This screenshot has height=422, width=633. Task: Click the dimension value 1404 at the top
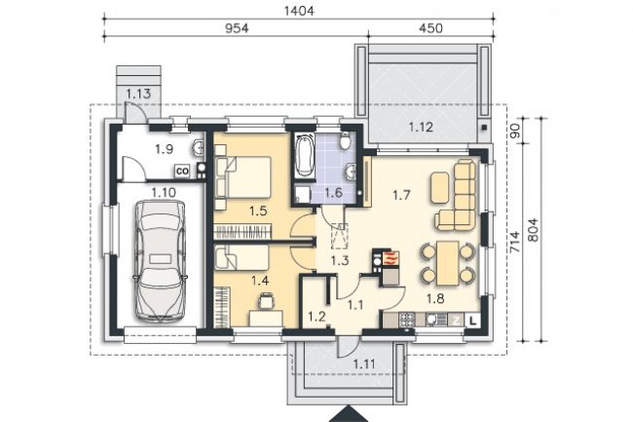coord(299,11)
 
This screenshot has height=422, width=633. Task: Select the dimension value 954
coord(237,28)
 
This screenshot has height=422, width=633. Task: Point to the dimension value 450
coord(430,28)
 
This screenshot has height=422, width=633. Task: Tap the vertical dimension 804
coord(533,230)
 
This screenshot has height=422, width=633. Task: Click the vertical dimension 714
coord(514,243)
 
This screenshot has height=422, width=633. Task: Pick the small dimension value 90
coord(515,131)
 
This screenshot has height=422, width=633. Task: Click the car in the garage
coord(161,262)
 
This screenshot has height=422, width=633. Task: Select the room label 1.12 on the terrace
coord(421,128)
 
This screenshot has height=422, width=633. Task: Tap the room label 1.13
coord(138,94)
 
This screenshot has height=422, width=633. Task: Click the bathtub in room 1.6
coord(305,156)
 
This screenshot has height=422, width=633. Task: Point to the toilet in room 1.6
coord(345,140)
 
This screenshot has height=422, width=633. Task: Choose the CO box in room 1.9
coord(182,172)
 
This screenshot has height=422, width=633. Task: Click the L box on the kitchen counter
coord(473,321)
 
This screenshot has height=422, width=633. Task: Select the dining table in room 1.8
coord(448,263)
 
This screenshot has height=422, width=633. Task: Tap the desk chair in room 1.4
coord(266,300)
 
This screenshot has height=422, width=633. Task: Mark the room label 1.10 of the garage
coord(164,193)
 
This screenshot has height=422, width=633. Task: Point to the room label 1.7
coord(401,196)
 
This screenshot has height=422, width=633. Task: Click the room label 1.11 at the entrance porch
coord(364,364)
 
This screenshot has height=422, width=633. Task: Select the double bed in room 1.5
coord(243,177)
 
